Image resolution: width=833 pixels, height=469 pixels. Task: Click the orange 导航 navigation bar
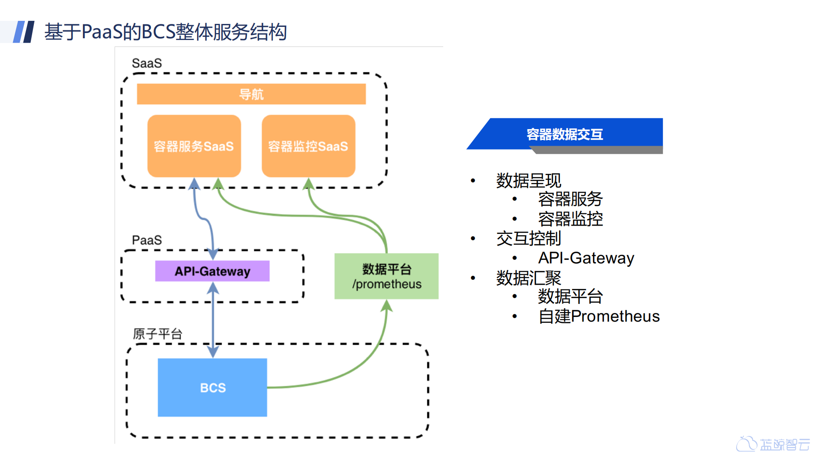[x=251, y=94]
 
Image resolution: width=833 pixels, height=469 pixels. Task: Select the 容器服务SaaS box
[x=194, y=146]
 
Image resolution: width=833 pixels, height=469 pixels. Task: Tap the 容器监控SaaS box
[x=308, y=146]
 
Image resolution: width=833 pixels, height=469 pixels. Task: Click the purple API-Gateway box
[x=212, y=271]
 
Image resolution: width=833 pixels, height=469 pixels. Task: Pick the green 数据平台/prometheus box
[x=386, y=276]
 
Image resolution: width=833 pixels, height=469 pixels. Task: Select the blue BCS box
[x=212, y=387]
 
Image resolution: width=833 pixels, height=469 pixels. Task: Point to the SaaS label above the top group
[x=147, y=63]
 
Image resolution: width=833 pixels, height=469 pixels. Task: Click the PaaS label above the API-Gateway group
[x=147, y=240]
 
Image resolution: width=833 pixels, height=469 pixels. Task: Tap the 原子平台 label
[x=157, y=334]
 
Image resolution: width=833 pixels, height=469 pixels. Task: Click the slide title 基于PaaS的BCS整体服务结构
[x=165, y=32]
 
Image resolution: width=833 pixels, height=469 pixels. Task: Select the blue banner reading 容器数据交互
[x=564, y=134]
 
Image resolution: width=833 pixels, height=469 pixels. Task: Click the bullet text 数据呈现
[x=528, y=180]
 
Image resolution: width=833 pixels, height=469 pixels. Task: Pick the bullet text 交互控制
[x=528, y=238]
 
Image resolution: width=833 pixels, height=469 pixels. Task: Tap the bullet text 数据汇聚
[x=528, y=278]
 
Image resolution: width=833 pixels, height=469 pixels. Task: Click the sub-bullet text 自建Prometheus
[x=599, y=316]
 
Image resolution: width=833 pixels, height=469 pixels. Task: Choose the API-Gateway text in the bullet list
[x=586, y=258]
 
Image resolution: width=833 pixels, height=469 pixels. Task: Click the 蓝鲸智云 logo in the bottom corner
[x=773, y=444]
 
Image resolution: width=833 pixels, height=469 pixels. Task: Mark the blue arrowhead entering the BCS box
[x=213, y=352]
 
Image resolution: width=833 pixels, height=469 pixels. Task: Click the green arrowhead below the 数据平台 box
[x=386, y=306]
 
